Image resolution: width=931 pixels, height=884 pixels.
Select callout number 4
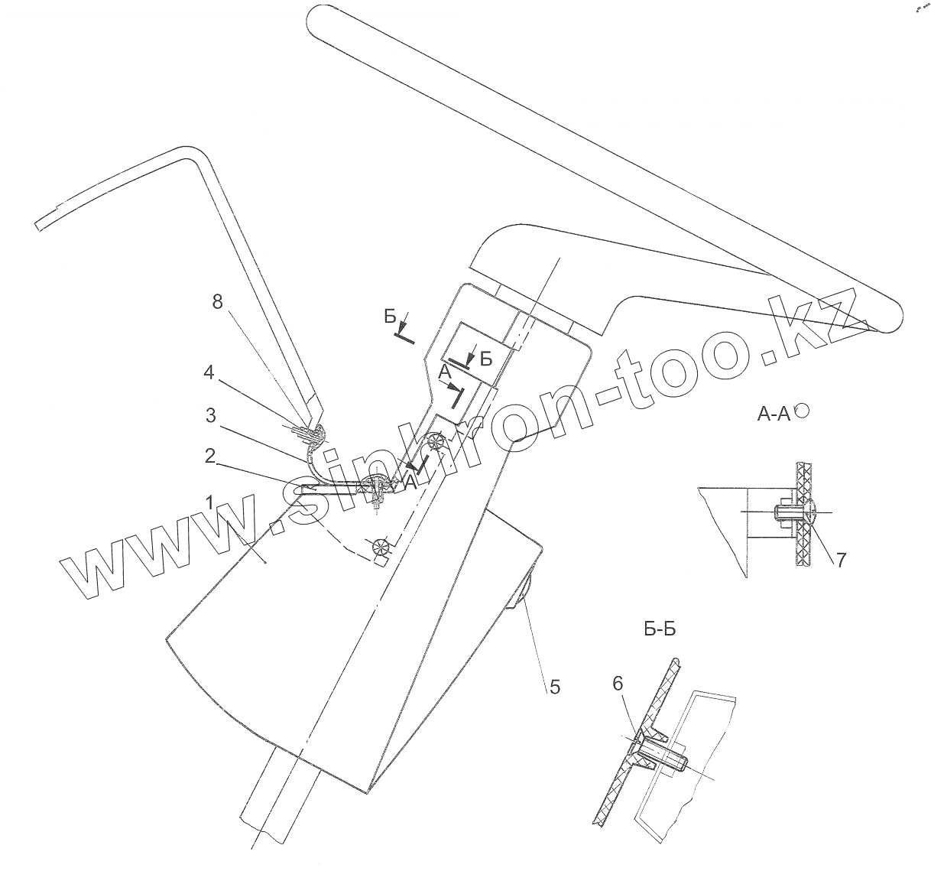coord(208,375)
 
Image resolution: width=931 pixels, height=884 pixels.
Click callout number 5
coord(554,687)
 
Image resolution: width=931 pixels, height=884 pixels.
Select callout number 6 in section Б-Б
coord(618,684)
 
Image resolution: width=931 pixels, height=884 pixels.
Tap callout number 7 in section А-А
coord(840,559)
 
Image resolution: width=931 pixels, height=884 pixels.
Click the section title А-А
coord(774,414)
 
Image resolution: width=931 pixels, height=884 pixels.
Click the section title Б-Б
coord(660,630)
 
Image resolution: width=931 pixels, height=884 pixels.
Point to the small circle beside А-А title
coord(802,411)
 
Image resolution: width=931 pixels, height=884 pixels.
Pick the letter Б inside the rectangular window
coord(486,360)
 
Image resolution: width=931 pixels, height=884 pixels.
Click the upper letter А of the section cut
coord(445,371)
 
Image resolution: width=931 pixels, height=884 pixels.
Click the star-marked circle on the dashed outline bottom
coord(379,547)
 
